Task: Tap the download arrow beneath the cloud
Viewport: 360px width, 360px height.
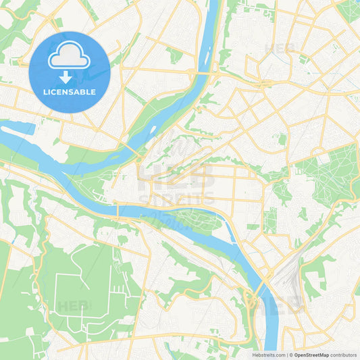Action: (x=69, y=77)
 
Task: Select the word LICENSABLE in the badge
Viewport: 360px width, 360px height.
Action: (x=69, y=92)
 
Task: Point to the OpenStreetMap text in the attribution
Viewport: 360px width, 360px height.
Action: (x=311, y=355)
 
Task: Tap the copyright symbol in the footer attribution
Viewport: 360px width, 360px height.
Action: (x=290, y=355)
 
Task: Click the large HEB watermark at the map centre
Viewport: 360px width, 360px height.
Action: (x=176, y=177)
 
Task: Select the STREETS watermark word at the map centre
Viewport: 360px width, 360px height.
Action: (x=176, y=199)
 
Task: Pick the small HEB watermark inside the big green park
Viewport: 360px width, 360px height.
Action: (x=74, y=306)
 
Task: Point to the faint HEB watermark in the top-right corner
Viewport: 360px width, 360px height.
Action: (x=281, y=49)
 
